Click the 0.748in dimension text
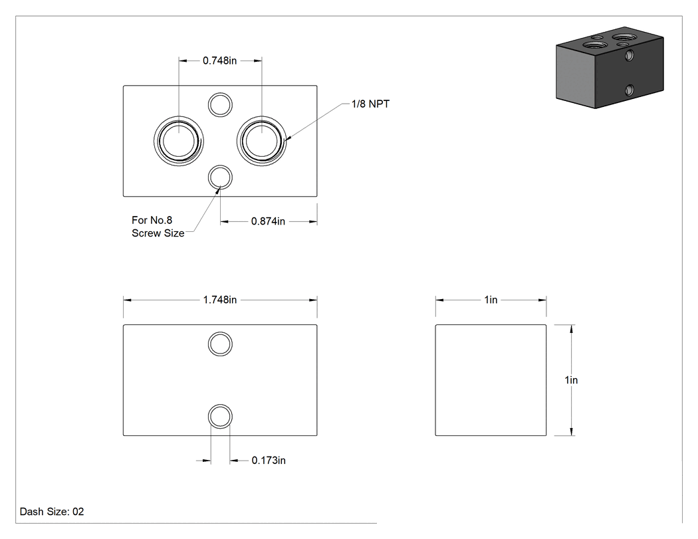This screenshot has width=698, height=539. click(x=219, y=60)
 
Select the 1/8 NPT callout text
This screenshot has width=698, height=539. click(x=370, y=104)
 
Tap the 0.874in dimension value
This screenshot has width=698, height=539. click(x=268, y=221)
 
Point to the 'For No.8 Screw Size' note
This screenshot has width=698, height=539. click(x=158, y=227)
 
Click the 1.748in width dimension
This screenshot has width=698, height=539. click(x=220, y=300)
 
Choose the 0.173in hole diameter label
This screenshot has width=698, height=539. click(x=269, y=460)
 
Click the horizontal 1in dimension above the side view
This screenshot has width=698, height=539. click(x=491, y=300)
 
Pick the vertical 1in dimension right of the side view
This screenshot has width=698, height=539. click(x=571, y=380)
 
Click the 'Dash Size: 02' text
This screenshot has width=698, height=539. click(x=52, y=512)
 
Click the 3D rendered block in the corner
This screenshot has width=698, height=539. click(x=610, y=68)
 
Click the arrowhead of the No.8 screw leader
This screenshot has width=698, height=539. click(x=218, y=189)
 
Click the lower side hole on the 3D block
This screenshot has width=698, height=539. click(x=629, y=90)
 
